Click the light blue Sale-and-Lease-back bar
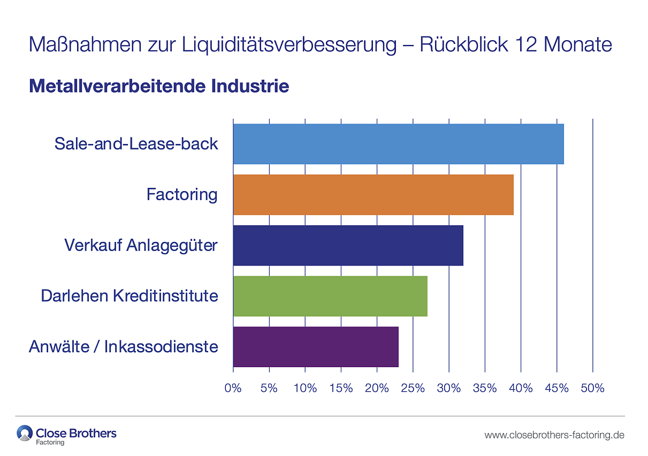[398, 143]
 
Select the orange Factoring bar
[373, 194]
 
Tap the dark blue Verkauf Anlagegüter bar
[348, 245]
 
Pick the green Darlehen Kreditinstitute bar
[330, 296]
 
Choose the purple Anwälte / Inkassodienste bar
[316, 347]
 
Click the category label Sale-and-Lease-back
[136, 143]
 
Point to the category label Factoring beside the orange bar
[182, 194]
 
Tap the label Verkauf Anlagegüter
[141, 245]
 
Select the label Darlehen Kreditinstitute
[129, 296]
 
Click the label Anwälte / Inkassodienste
[124, 347]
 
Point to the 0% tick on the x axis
[233, 388]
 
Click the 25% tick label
[413, 388]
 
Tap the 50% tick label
[592, 388]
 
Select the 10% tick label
[305, 388]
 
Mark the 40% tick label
[521, 388]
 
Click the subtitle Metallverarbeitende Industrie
[159, 86]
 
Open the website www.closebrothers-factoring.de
[554, 435]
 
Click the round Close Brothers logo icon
[25, 433]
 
